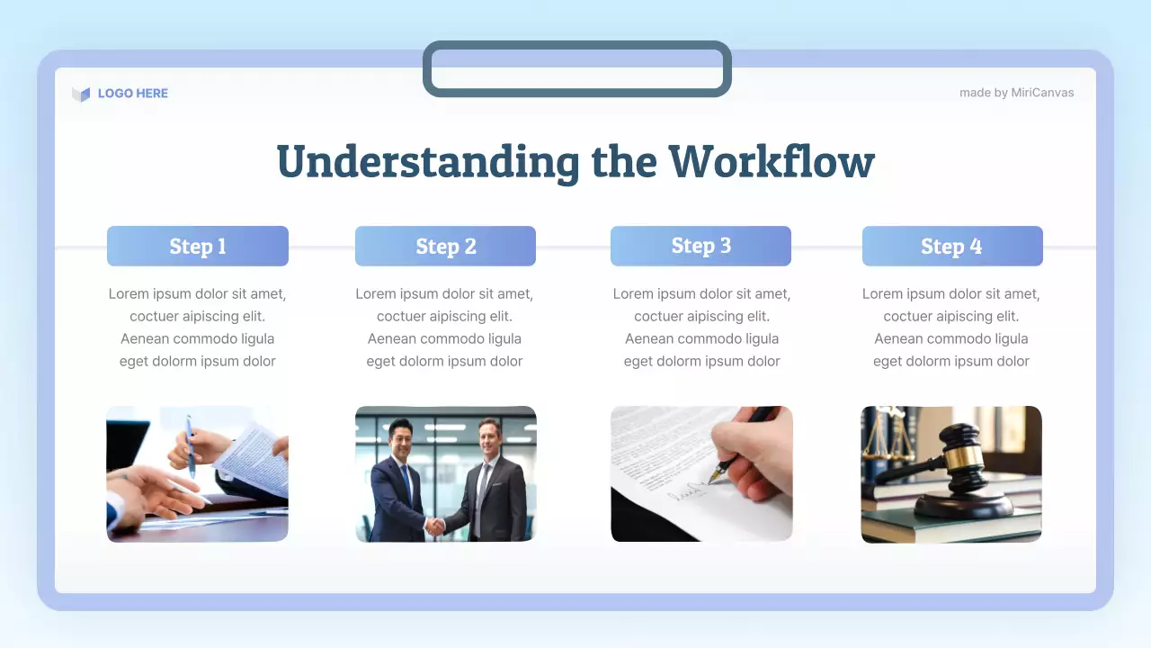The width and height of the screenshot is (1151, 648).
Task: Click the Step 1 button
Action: pyautogui.click(x=198, y=246)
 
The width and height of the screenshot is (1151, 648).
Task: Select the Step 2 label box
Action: pyautogui.click(x=445, y=246)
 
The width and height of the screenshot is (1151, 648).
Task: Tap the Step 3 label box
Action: pyautogui.click(x=700, y=246)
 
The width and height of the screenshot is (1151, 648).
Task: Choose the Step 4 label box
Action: pyautogui.click(x=952, y=246)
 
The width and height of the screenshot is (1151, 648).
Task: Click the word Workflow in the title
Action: pyautogui.click(x=771, y=162)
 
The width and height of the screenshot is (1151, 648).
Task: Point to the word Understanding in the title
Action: pyautogui.click(x=427, y=162)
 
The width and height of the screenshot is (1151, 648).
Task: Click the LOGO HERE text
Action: pyautogui.click(x=132, y=93)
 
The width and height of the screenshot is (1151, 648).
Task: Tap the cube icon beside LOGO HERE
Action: pyautogui.click(x=81, y=94)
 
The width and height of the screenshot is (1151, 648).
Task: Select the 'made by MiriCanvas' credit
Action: pyautogui.click(x=1016, y=93)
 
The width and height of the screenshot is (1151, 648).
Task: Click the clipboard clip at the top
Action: pyautogui.click(x=576, y=68)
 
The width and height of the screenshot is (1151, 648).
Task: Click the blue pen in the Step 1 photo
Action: pyautogui.click(x=191, y=445)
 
